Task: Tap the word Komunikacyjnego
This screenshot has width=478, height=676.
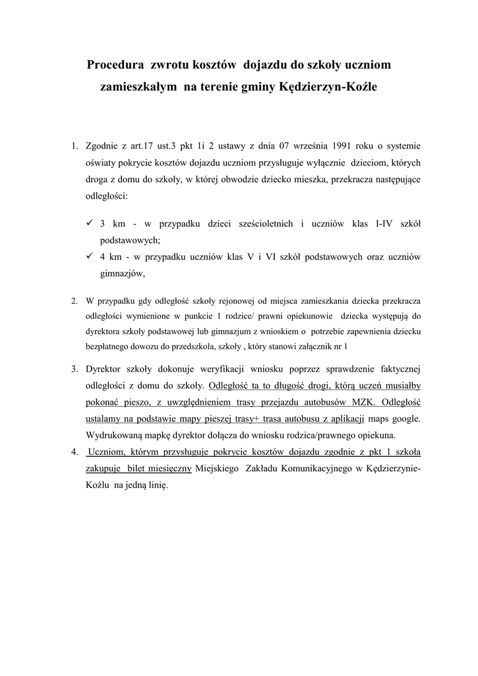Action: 313,468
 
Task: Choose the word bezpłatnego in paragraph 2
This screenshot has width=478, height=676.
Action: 107,345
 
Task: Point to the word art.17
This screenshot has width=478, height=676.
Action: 146,145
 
